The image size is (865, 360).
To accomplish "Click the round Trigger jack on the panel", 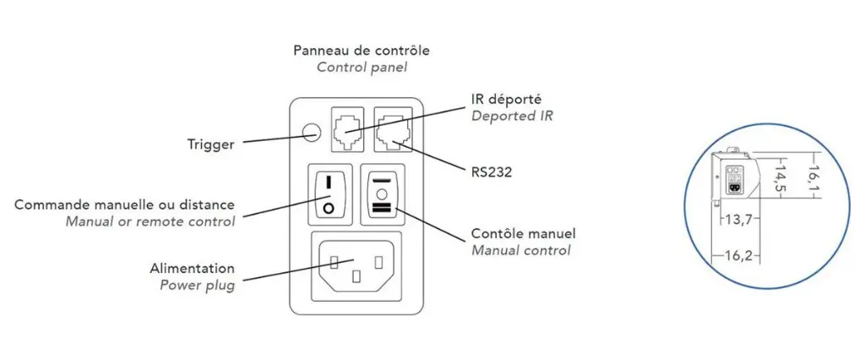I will tap(313, 132).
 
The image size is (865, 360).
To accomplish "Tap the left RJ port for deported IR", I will tap(348, 128).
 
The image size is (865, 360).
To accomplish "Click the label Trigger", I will tap(210, 145).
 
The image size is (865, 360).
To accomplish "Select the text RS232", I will tap(492, 172).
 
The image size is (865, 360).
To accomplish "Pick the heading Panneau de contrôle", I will tap(361, 51).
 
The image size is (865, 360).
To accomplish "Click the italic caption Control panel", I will tap(361, 67).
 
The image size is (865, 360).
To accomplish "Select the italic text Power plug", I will tap(197, 285).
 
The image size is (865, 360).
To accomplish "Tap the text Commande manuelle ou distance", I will tap(125, 205).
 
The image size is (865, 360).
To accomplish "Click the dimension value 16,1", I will tap(813, 177).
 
